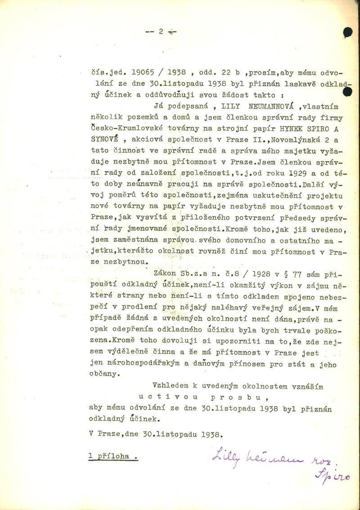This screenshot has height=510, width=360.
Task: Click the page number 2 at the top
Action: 160,31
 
